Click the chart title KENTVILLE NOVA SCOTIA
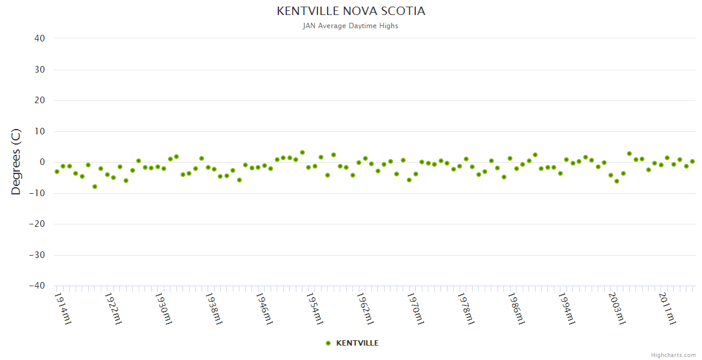(x=350, y=11)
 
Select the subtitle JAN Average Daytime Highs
(x=350, y=26)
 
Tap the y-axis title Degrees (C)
(x=16, y=161)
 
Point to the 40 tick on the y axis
(x=40, y=38)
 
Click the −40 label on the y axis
(x=37, y=286)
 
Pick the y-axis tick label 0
(x=43, y=162)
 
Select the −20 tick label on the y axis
(x=37, y=224)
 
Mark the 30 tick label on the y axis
(x=40, y=70)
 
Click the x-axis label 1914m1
(x=63, y=308)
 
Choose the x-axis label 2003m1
(x=617, y=308)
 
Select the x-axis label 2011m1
(x=668, y=308)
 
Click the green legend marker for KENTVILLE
(x=328, y=343)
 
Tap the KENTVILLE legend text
(x=357, y=343)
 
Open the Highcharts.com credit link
(x=673, y=355)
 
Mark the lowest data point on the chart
(x=95, y=187)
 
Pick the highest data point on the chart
(x=302, y=152)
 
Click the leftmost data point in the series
(x=57, y=172)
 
